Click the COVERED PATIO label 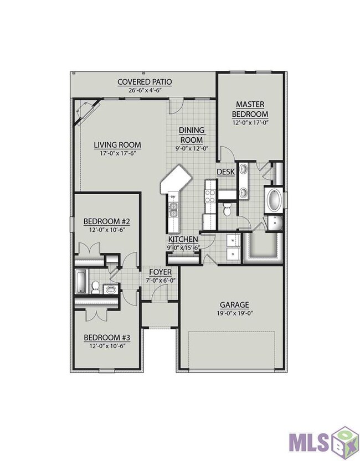(x=145, y=81)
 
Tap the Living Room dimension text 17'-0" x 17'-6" (x=117, y=153)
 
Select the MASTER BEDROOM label (x=250, y=109)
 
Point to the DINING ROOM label (x=192, y=135)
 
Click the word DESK (x=226, y=172)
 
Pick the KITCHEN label (x=183, y=239)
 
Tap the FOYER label (x=160, y=272)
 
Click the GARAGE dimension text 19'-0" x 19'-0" (x=235, y=313)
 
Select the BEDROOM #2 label (x=107, y=221)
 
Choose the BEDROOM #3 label (x=107, y=337)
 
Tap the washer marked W (x=234, y=240)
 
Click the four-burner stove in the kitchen (x=210, y=196)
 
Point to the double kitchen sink (x=173, y=209)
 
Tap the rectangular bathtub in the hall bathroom (x=81, y=282)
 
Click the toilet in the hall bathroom (x=95, y=287)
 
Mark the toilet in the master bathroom (x=227, y=209)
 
